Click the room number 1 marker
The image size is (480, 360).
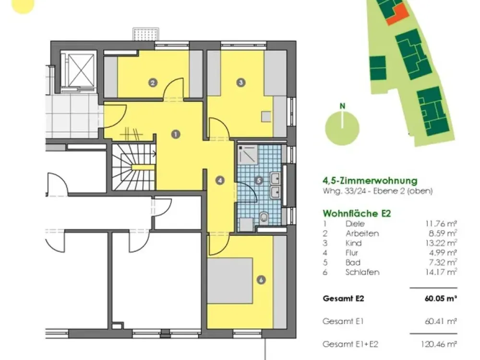tap(175, 134)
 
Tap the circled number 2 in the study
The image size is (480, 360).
tap(153, 83)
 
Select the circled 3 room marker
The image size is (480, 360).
tap(241, 83)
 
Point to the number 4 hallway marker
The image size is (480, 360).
tap(220, 180)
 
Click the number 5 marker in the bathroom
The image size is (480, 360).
tap(259, 180)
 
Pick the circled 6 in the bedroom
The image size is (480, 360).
tap(261, 280)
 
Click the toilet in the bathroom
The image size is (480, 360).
tap(264, 218)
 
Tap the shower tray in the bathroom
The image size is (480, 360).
tap(248, 155)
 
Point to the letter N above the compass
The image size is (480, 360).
tap(343, 106)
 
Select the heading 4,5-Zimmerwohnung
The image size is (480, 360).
tap(370, 180)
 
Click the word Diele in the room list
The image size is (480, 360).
tap(355, 224)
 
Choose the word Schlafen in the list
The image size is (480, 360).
tap(362, 272)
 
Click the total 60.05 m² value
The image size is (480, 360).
tap(441, 298)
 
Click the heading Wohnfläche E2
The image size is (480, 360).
tap(357, 213)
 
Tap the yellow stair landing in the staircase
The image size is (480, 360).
tap(143, 168)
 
